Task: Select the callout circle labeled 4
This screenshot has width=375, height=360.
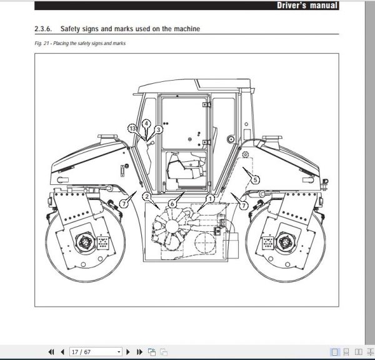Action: pos(145,124)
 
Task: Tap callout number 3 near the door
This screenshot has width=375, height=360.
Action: pos(158,129)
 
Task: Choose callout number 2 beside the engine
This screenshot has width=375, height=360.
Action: pos(146,197)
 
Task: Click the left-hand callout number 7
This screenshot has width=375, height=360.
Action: pos(124,204)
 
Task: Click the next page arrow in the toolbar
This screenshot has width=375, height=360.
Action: pos(128,352)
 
